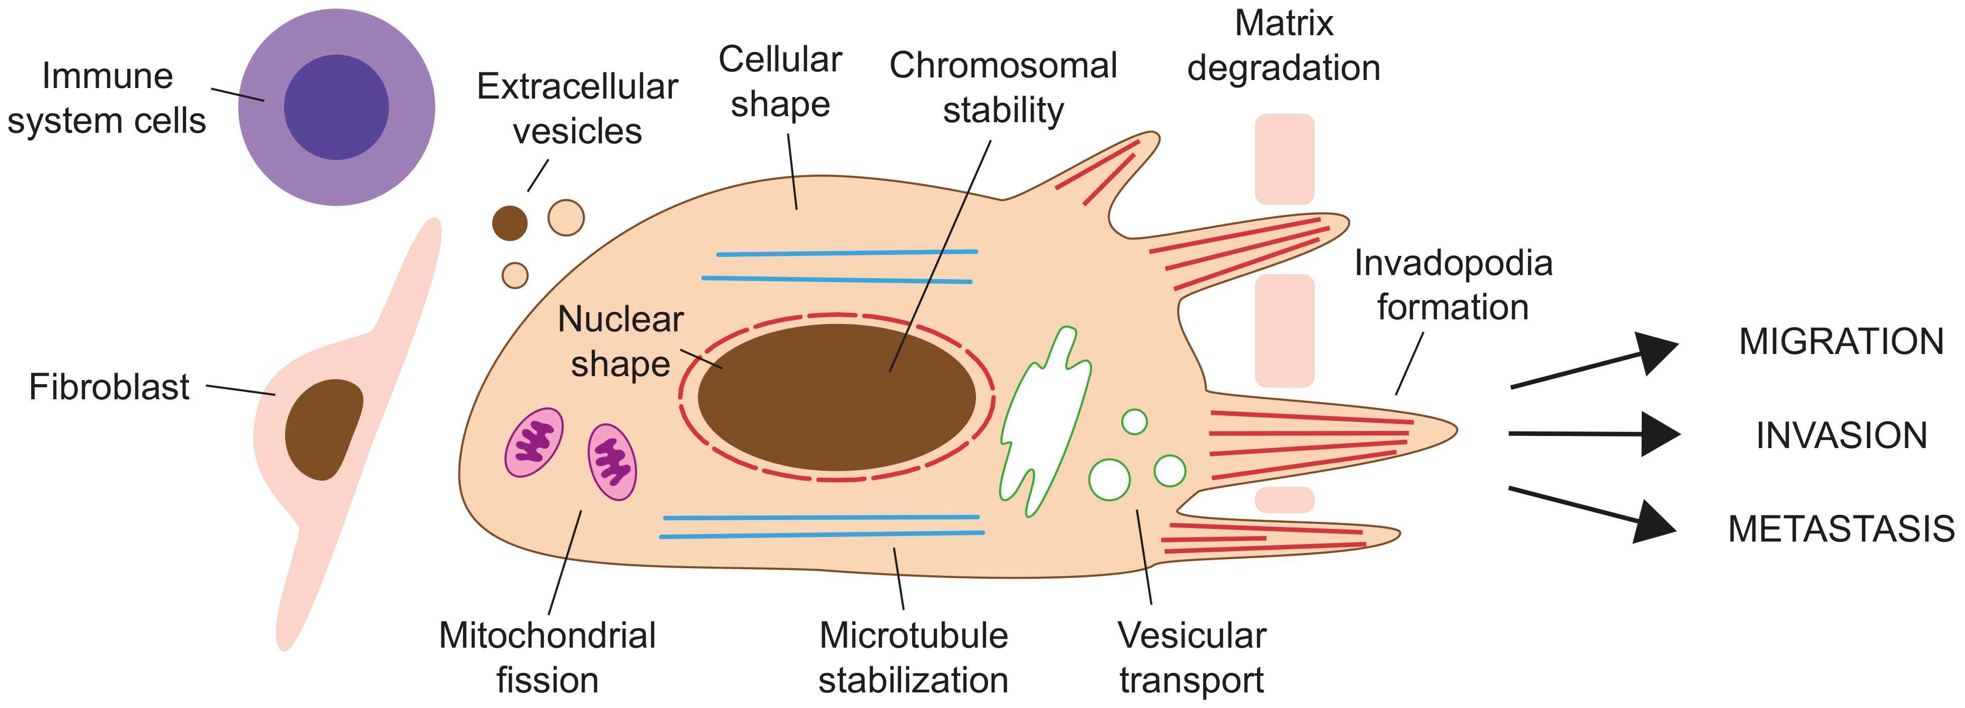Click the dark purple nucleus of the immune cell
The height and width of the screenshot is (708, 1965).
pyautogui.click(x=336, y=107)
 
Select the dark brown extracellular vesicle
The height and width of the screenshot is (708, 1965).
pyautogui.click(x=509, y=223)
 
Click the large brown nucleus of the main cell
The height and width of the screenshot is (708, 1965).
pyautogui.click(x=837, y=397)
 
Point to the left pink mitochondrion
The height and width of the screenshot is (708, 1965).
pyautogui.click(x=534, y=442)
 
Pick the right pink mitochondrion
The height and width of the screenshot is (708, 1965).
pyautogui.click(x=612, y=462)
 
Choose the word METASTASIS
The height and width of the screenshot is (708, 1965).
pyautogui.click(x=1841, y=528)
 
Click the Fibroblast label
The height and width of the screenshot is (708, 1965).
pyautogui.click(x=109, y=387)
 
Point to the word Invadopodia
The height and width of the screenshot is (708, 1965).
pyautogui.click(x=1453, y=263)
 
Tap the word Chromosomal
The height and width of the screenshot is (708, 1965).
pyautogui.click(x=1003, y=65)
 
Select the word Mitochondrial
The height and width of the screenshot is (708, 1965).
pyautogui.click(x=547, y=636)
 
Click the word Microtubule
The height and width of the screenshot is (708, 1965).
pyautogui.click(x=913, y=636)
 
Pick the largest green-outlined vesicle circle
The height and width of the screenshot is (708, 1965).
pyautogui.click(x=1109, y=479)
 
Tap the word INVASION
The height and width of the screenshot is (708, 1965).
pyautogui.click(x=1841, y=435)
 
